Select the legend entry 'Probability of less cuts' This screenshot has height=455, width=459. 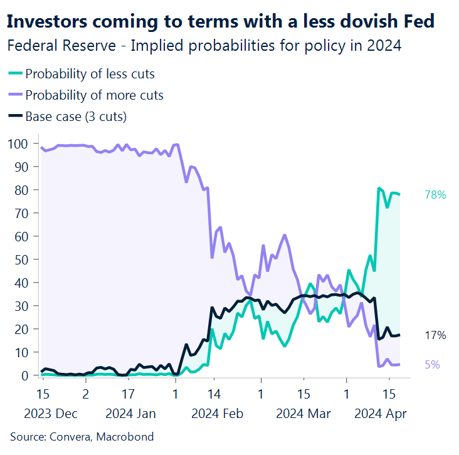click(90, 74)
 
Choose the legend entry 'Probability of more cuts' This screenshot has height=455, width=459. click(94, 95)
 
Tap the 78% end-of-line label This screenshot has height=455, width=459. click(435, 195)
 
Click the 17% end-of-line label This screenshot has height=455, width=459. click(435, 335)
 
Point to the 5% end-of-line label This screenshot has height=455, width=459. click(433, 364)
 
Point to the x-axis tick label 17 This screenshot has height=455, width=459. click(128, 395)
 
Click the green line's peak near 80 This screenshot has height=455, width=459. click(379, 188)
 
